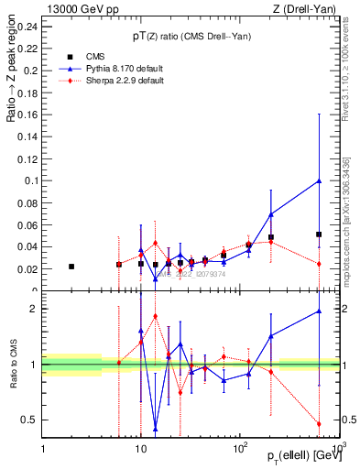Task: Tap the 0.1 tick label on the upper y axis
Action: [31, 180]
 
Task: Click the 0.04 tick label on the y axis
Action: [28, 247]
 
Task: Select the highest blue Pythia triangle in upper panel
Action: [319, 180]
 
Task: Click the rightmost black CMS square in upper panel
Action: [319, 234]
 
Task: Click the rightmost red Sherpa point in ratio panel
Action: [319, 423]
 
